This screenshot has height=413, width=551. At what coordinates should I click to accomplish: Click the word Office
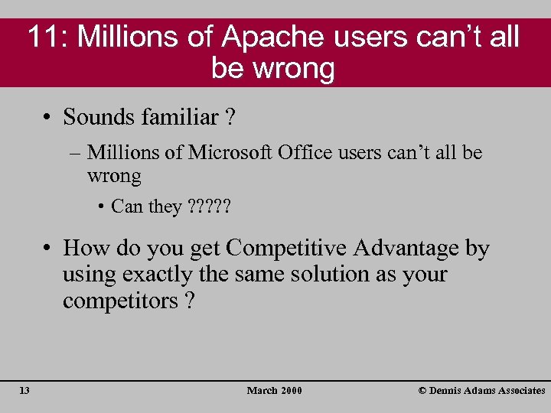305,152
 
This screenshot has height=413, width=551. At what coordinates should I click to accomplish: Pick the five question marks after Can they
209,206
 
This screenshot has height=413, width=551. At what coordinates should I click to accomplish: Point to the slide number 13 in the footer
24,391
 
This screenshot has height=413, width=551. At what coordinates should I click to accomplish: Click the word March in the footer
262,391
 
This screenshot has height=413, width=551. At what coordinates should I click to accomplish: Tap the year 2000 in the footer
292,391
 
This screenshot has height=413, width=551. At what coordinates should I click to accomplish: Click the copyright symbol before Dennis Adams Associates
422,391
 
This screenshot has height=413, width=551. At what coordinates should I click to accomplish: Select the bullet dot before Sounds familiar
47,119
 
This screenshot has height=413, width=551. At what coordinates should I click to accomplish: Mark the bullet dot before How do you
47,249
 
